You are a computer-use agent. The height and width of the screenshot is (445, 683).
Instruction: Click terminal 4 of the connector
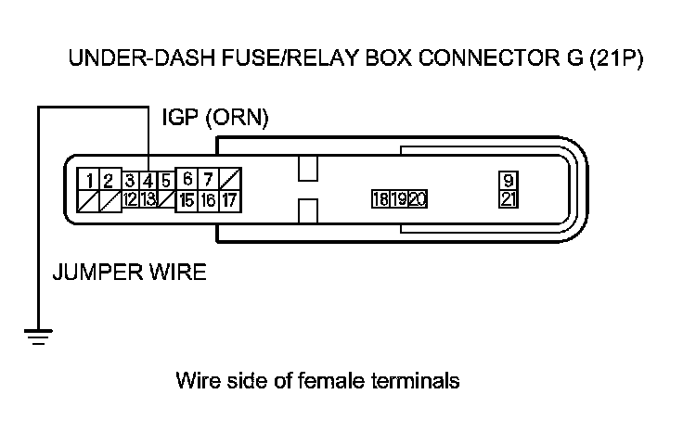pos(148,180)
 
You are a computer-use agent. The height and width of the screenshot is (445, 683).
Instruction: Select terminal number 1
pos(87,180)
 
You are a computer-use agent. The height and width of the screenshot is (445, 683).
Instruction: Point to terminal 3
pos(131,180)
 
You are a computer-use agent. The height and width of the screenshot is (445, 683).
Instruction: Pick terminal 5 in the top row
pos(164,180)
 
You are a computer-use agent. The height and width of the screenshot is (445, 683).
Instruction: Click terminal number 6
pos(187,179)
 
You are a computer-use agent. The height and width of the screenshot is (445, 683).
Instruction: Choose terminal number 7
pos(209,179)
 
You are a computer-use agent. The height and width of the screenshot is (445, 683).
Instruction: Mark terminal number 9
pos(509,181)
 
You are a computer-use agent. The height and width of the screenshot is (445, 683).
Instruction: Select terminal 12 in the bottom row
pos(131,198)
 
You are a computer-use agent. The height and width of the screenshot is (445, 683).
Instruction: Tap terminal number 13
pos(148,198)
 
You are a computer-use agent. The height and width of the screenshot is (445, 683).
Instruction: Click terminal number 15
pos(187,198)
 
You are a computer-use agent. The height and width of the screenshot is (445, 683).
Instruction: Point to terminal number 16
pos(209,198)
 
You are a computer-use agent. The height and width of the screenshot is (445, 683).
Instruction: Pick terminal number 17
pos(230,198)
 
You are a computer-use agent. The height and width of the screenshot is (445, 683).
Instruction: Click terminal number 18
pos(380,199)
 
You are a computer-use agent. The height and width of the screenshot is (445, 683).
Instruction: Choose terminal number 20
pos(417,199)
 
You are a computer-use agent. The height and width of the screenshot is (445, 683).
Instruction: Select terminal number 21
pos(509,199)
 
